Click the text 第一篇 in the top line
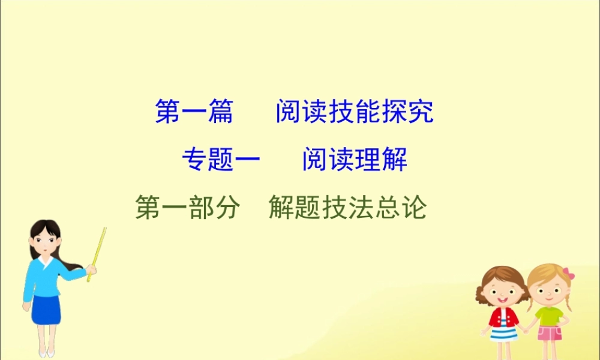[x=194, y=112]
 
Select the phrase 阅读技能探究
[x=354, y=112]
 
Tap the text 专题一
[x=221, y=160]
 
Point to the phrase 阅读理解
[x=355, y=160]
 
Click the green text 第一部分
[x=188, y=208]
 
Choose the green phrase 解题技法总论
[x=347, y=208]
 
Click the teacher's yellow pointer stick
[x=97, y=252]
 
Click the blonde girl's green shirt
[x=548, y=316]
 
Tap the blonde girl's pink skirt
[x=548, y=333]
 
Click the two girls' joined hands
[x=524, y=328]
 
